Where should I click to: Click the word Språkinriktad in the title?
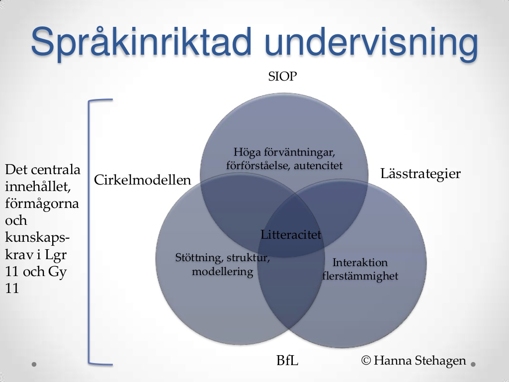tap(142, 42)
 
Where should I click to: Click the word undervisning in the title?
tap(371, 42)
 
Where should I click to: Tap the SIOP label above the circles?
tap(282, 76)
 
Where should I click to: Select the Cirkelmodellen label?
tap(143, 180)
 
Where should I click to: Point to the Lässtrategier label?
tap(421, 174)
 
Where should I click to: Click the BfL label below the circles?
tap(287, 360)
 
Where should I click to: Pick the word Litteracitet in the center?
tap(291, 235)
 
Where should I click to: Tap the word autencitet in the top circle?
tap(318, 166)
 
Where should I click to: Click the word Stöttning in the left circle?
tap(199, 258)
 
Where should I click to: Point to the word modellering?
tap(222, 271)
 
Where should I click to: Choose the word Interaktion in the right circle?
tap(360, 262)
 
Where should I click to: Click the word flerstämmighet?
tap(360, 276)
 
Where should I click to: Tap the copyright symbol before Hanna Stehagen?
tap(366, 360)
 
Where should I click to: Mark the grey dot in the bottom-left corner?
tap(34, 364)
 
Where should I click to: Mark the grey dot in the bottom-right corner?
tap(473, 365)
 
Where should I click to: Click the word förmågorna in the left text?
tap(42, 204)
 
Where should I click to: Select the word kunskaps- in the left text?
tap(37, 238)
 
